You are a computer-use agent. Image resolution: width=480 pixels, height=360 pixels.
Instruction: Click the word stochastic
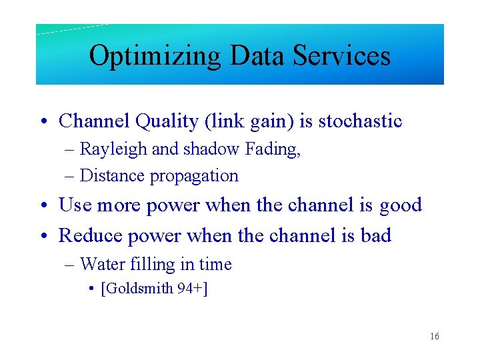360,121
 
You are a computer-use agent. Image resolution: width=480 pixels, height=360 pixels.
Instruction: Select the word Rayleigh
114,150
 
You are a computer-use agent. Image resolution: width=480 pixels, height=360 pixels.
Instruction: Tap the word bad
375,235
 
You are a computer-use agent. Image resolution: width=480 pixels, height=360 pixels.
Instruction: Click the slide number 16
435,337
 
